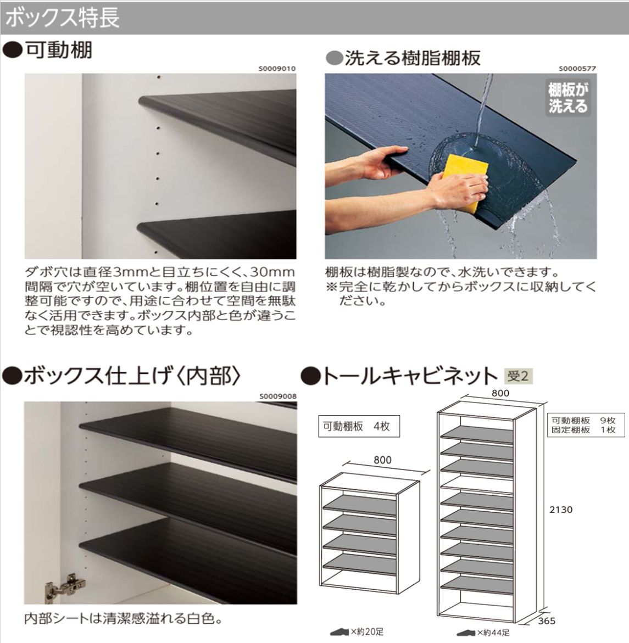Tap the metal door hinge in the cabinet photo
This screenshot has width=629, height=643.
click(64, 588)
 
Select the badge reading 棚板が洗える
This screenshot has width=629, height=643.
click(568, 98)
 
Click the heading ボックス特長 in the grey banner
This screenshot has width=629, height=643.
click(62, 18)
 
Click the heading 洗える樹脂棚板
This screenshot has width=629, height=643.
click(413, 58)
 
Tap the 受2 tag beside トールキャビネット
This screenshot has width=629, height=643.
click(518, 376)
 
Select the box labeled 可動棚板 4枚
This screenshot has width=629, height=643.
click(359, 427)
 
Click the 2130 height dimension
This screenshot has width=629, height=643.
click(561, 510)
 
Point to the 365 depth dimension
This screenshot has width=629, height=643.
click(547, 621)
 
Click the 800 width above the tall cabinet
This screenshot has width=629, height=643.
click(500, 393)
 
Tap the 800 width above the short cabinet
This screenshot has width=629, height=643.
click(382, 460)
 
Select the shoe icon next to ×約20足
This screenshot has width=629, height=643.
click(339, 632)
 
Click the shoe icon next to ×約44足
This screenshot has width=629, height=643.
click(466, 633)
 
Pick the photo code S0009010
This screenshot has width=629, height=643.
click(277, 69)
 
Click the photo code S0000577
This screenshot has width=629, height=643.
click(577, 69)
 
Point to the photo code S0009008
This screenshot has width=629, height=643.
click(278, 396)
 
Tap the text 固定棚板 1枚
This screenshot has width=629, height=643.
click(583, 430)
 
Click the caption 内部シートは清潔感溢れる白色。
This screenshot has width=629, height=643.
click(124, 618)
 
